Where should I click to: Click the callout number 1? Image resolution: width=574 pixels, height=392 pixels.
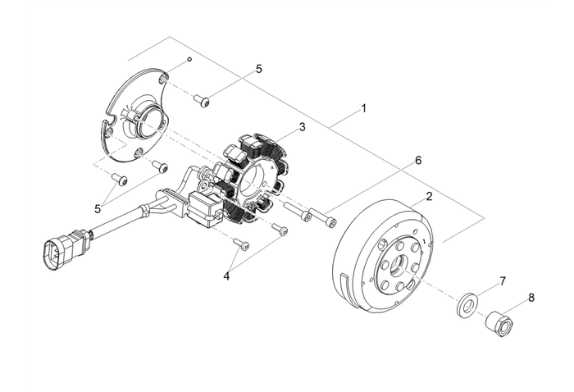click(x=363, y=108)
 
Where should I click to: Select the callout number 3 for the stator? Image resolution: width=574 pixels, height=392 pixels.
click(x=302, y=127)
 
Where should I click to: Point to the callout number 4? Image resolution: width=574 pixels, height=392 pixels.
click(x=227, y=276)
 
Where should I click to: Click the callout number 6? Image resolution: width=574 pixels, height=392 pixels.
click(x=417, y=161)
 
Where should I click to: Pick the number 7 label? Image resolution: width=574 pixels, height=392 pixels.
click(x=503, y=281)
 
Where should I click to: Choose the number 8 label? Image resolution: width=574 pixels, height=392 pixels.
click(x=531, y=298)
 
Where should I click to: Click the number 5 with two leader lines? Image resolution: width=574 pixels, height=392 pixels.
click(x=98, y=208)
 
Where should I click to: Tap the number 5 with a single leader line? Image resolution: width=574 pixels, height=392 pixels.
click(x=259, y=69)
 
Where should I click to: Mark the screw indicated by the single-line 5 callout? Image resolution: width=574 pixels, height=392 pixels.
click(x=202, y=101)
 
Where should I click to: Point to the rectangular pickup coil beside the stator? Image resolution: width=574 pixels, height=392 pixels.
click(x=204, y=208)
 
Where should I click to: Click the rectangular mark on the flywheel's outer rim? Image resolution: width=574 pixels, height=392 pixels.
click(x=353, y=290)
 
